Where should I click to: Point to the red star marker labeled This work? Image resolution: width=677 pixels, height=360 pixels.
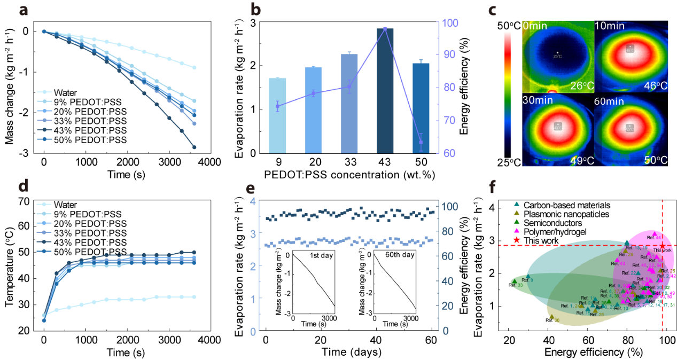663,245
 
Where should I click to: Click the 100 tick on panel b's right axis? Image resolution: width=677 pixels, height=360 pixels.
447,23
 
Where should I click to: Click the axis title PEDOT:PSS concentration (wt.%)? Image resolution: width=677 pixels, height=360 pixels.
349,176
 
